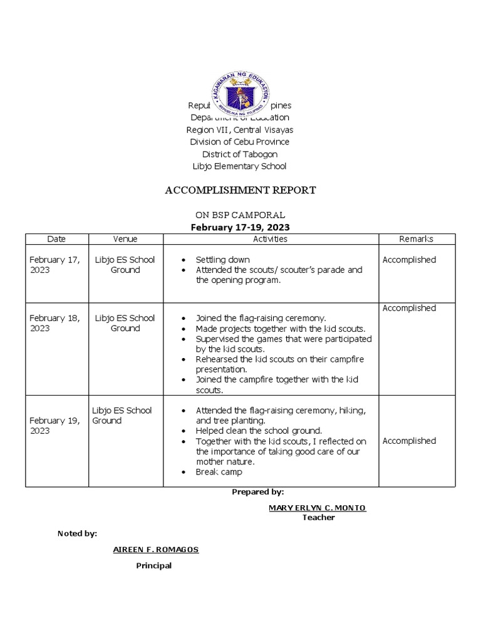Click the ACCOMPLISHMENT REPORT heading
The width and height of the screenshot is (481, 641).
(x=240, y=190)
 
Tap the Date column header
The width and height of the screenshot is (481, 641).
(x=56, y=239)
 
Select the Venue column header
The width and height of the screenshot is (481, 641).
(x=125, y=239)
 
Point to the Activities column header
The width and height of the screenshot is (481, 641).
(x=271, y=239)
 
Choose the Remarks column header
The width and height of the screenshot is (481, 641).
(x=416, y=239)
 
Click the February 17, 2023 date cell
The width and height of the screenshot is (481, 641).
(x=54, y=265)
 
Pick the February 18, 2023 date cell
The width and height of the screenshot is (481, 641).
(x=54, y=323)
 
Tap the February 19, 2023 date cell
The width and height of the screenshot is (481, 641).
(x=54, y=426)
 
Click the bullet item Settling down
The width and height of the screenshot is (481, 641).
(x=222, y=260)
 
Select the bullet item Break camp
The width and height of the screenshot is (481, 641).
(x=219, y=472)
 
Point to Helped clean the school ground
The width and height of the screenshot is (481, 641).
(x=259, y=431)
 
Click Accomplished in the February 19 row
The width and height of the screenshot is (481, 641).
(x=409, y=441)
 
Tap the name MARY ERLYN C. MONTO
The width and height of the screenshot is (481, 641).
(x=318, y=508)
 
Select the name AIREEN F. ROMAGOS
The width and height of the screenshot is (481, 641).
(x=156, y=550)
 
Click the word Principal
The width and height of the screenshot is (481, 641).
(x=154, y=566)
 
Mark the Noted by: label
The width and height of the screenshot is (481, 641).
(x=77, y=533)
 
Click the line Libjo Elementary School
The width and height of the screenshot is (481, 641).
(x=240, y=167)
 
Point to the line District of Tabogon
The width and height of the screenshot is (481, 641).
(x=240, y=154)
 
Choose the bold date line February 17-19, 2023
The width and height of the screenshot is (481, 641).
(x=240, y=227)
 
